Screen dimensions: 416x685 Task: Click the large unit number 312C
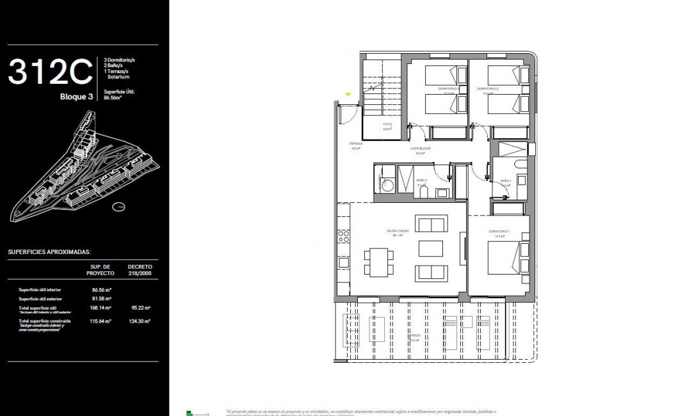(x=51, y=72)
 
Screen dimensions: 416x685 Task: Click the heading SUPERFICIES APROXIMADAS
(x=49, y=252)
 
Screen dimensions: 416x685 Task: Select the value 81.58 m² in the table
(x=101, y=298)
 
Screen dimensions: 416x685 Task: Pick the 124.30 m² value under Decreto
(x=139, y=321)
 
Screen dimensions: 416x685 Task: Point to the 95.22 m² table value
(x=139, y=308)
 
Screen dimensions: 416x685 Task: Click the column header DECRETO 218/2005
(x=140, y=269)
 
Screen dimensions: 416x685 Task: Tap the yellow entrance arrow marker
(x=348, y=95)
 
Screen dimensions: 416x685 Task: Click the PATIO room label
(x=387, y=124)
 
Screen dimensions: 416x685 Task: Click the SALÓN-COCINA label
(x=398, y=231)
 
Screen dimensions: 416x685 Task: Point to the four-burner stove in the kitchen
(x=344, y=236)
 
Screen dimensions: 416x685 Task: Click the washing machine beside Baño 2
(x=386, y=185)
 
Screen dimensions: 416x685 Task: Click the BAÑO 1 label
(x=504, y=181)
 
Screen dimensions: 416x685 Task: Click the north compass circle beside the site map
(x=118, y=207)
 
